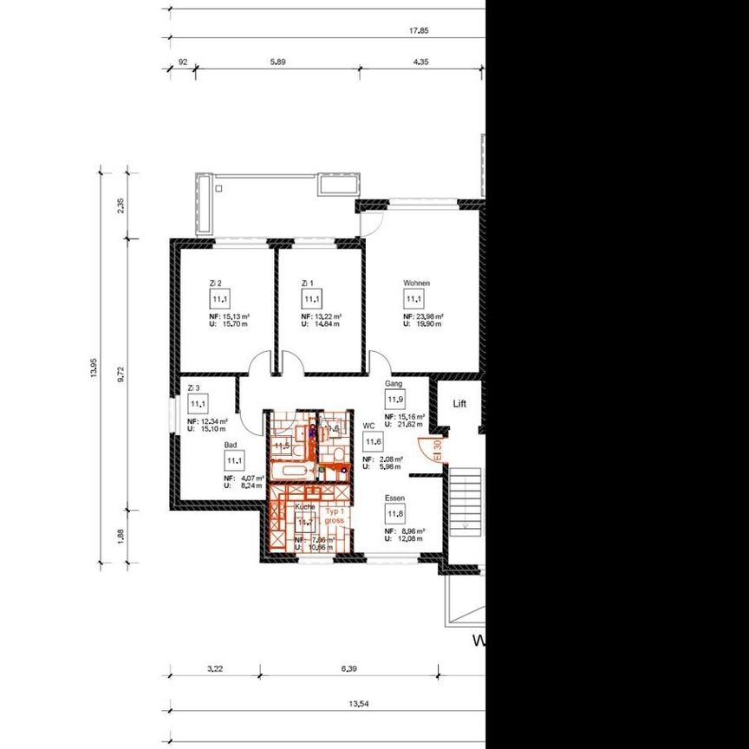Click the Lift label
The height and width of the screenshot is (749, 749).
coord(459,404)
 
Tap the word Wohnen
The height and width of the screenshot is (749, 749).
coord(416,283)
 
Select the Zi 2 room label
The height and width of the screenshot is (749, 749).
coord(216,283)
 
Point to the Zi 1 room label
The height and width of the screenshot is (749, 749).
coord(306,283)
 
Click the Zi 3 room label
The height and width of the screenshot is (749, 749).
coord(193,388)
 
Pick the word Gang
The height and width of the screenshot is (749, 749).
coord(394,383)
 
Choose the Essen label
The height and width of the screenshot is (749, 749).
coord(395,498)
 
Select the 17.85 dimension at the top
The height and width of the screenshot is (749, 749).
coord(420,30)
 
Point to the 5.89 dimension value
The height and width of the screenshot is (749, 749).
coord(277,62)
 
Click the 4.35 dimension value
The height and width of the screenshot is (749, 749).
coord(421,62)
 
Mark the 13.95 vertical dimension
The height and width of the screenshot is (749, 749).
coord(94,368)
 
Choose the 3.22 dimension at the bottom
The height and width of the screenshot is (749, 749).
coord(216,668)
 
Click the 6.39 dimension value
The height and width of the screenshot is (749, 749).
coord(349,668)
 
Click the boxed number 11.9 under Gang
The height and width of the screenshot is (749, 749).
coord(395,400)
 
